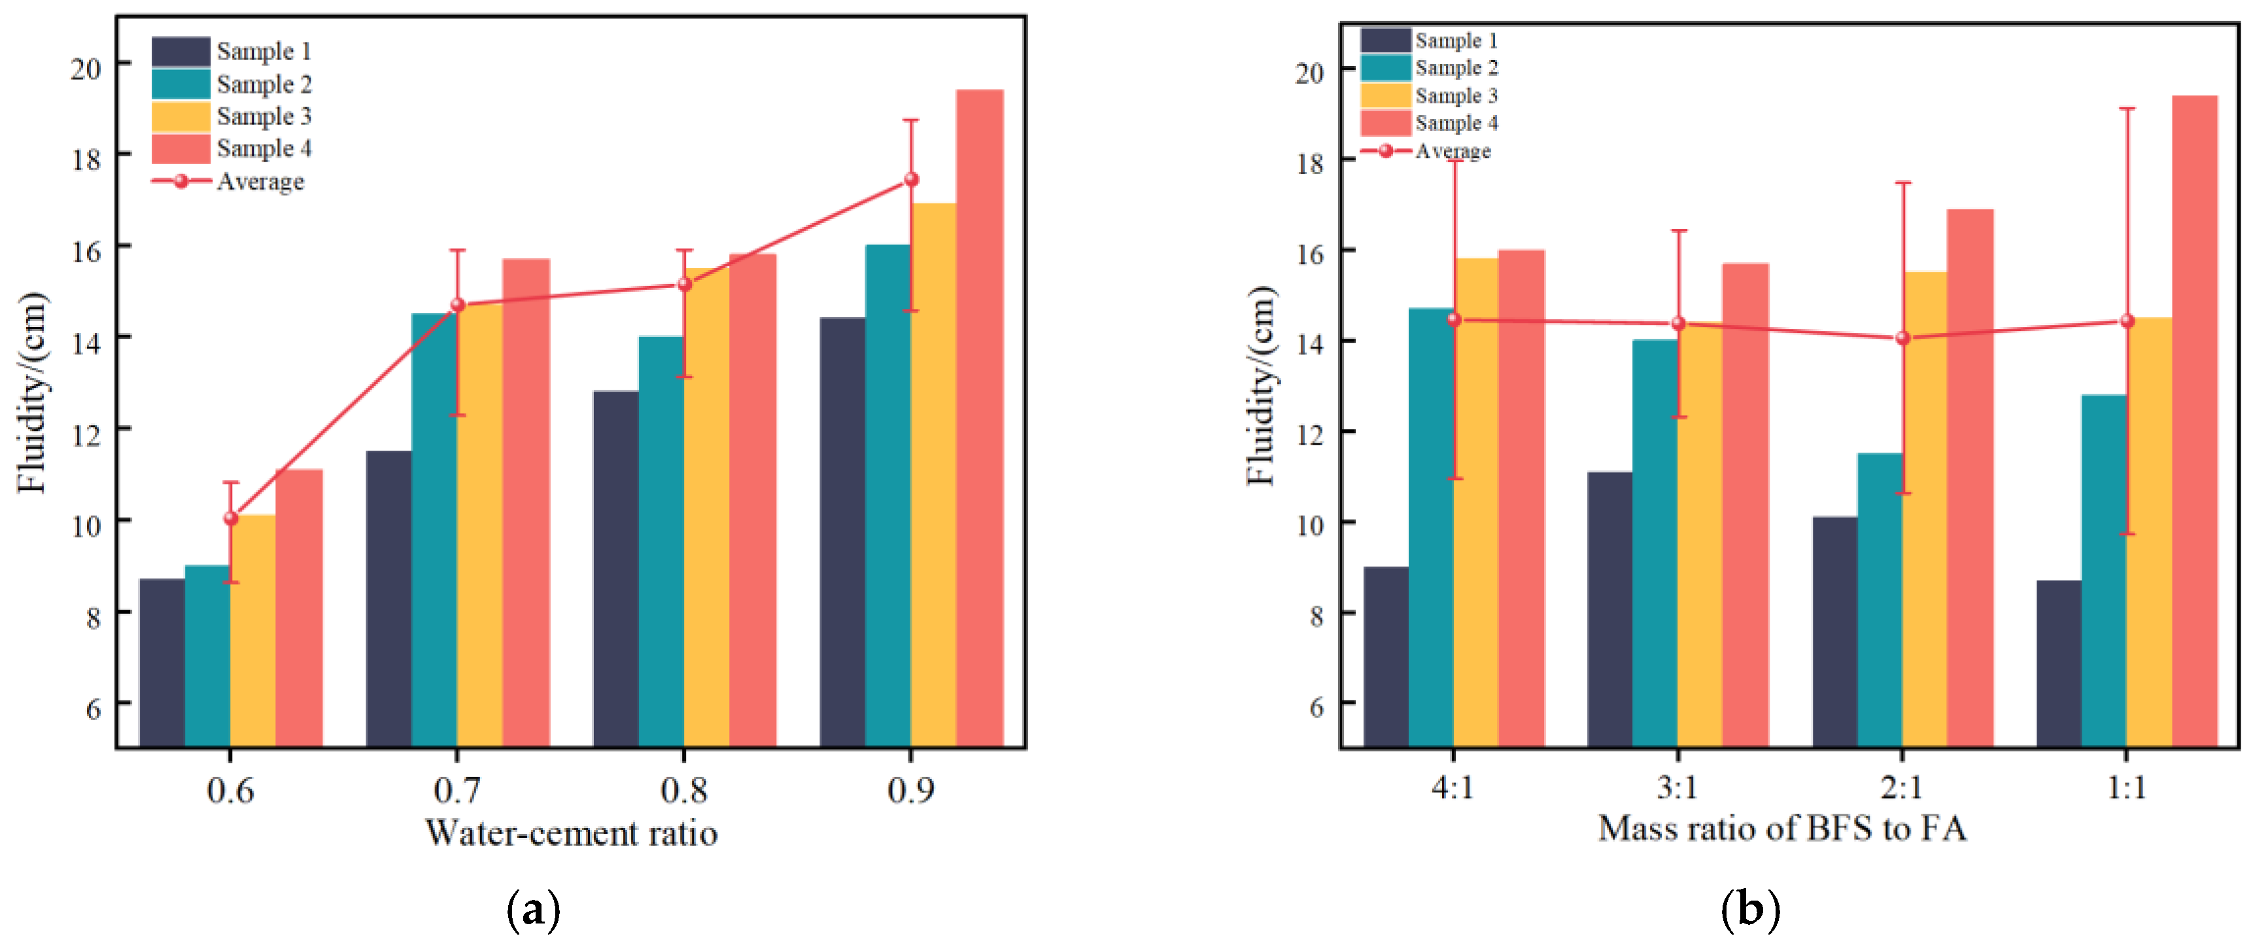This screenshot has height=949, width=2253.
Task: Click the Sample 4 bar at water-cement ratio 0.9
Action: [x=980, y=418]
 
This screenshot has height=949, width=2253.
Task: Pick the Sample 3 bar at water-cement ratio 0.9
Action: [x=934, y=475]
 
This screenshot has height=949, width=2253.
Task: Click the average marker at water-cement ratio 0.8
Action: [x=685, y=285]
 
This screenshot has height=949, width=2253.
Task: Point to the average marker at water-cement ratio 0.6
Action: [x=231, y=518]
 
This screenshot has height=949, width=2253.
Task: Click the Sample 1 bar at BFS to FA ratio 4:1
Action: [x=1386, y=657]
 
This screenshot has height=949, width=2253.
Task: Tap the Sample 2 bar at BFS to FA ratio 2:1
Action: [x=1880, y=600]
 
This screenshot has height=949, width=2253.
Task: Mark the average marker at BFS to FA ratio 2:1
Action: [x=1903, y=337]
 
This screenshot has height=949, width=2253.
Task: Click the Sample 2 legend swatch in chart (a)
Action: [x=181, y=84]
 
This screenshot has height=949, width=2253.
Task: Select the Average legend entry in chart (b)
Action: [x=1426, y=151]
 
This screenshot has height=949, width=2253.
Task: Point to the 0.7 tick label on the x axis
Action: [x=456, y=790]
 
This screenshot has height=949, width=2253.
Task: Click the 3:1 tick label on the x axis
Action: [x=1677, y=788]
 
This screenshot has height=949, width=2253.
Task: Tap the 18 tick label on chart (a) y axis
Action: [x=86, y=158]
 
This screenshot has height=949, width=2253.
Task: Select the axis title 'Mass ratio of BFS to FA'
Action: [x=1783, y=828]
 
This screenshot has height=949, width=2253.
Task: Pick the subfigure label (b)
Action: [x=1750, y=910]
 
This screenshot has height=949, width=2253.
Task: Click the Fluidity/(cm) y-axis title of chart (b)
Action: [x=1262, y=386]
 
